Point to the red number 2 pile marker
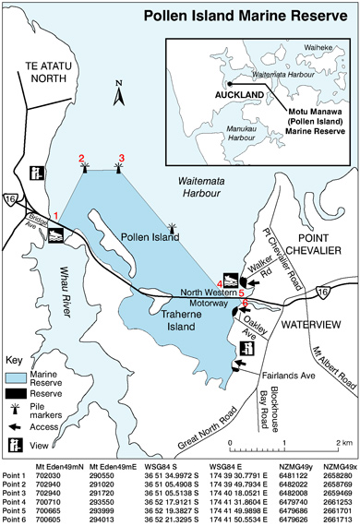[x=84, y=158]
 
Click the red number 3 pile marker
[x=119, y=158]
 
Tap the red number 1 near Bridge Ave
[x=56, y=215]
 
